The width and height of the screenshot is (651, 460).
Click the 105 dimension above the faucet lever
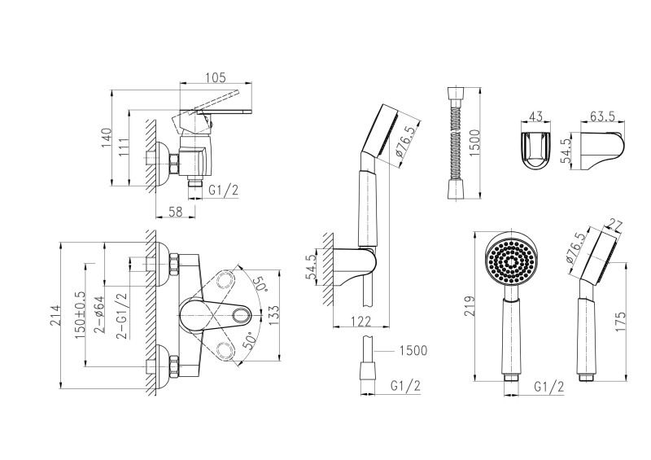pos(215,77)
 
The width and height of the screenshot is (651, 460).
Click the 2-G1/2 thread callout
pos(121,316)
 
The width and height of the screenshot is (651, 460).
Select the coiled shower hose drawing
pos(453,140)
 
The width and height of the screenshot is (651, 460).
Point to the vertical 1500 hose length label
pos(483,140)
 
